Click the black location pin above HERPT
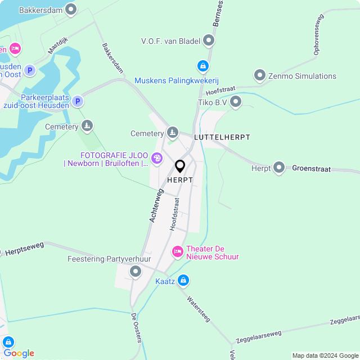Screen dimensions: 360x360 pos(180,166)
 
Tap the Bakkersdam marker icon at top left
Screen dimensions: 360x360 pos(71,10)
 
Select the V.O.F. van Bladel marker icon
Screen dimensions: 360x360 pos(209,40)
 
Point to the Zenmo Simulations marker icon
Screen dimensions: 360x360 pos(259,75)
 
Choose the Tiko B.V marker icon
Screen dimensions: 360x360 pos(236,102)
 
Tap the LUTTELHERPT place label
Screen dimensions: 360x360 pos(222,137)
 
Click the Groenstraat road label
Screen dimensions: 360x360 pos(311,168)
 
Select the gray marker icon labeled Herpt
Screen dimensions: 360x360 pos(279,168)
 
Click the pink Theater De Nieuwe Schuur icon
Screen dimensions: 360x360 pos(178,251)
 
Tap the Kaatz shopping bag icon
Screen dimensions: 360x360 pos(183,280)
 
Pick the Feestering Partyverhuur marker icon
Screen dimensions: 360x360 pos(135,272)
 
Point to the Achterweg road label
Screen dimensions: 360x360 pos(156,205)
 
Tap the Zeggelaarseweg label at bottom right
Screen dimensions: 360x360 pos(259,334)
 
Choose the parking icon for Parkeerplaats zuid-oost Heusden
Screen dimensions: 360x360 pos(78,101)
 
